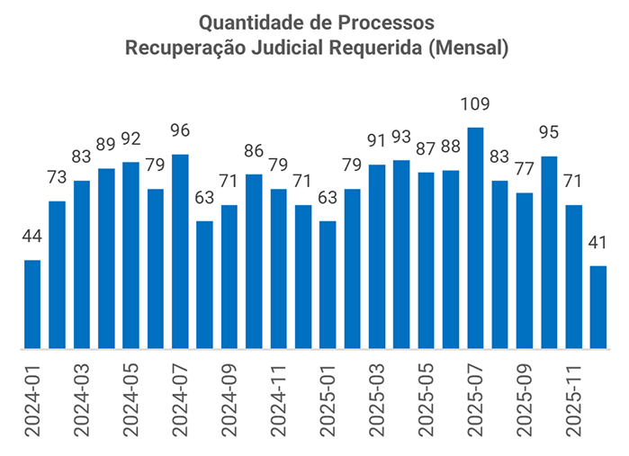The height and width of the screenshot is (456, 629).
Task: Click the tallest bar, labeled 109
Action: (476, 238)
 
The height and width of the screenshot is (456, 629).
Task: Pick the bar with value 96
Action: (180, 252)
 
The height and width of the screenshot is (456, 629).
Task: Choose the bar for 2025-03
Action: (377, 256)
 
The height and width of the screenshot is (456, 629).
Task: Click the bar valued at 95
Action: (549, 253)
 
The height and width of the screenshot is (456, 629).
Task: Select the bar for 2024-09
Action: (229, 277)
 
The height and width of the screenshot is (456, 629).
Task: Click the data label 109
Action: (476, 104)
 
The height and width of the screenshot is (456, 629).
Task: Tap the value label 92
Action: (131, 139)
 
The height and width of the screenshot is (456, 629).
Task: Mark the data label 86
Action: (254, 151)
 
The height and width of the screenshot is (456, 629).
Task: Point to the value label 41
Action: (598, 243)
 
